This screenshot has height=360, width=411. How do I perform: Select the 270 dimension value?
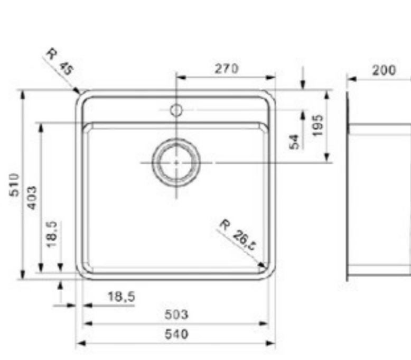[x=226, y=68]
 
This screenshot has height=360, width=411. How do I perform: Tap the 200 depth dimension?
[x=384, y=70]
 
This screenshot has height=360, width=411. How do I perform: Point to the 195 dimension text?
[x=317, y=125]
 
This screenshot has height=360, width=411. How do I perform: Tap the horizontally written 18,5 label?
[x=121, y=297]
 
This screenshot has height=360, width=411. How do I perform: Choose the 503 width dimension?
[x=176, y=315]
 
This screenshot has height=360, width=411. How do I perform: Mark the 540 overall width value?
[x=176, y=334]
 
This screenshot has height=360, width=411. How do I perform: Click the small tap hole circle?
[x=176, y=110]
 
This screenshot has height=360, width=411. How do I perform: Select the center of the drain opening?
[x=176, y=163]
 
